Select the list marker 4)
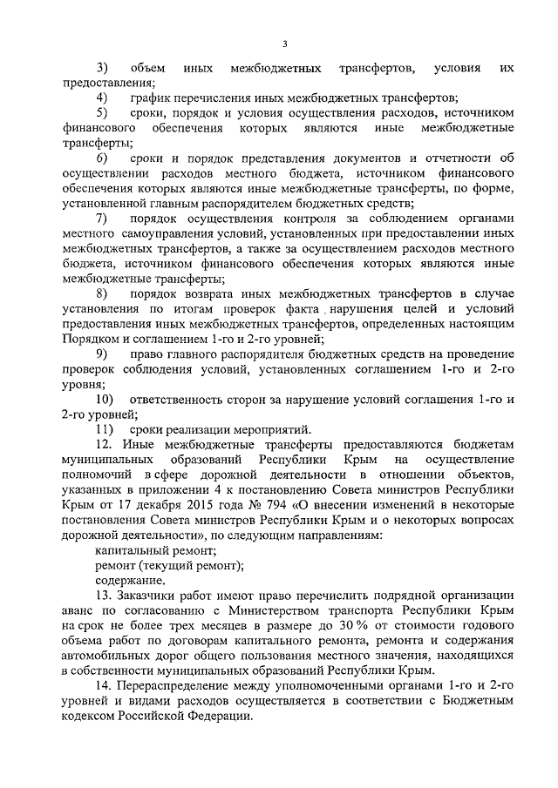[102, 98]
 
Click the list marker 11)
[105, 429]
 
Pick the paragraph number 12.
[101, 444]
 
